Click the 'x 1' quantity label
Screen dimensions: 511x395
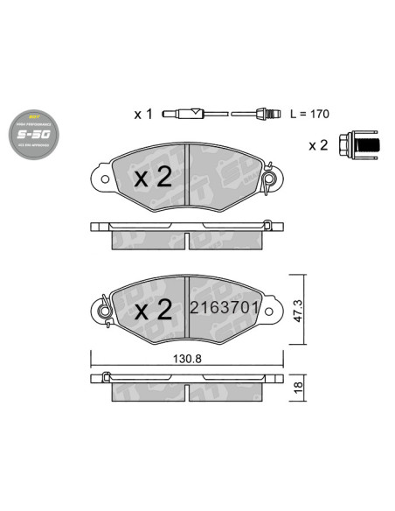(x=142, y=115)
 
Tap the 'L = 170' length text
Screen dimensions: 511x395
(x=310, y=115)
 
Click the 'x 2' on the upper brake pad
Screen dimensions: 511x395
(x=151, y=178)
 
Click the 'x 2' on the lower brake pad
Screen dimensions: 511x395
(x=151, y=309)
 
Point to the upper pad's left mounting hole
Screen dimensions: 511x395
(x=105, y=178)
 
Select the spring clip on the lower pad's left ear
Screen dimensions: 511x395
(x=105, y=308)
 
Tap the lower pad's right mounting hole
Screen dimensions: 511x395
(x=273, y=308)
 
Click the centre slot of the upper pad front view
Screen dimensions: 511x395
(x=190, y=179)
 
